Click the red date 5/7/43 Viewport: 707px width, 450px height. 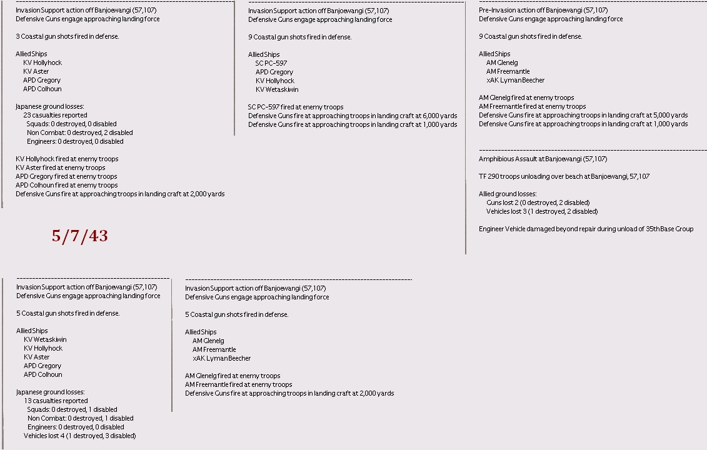(79, 236)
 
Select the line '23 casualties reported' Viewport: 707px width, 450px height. (55, 115)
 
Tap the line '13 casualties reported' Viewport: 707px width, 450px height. (56, 401)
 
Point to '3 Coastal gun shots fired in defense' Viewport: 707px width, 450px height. (67, 36)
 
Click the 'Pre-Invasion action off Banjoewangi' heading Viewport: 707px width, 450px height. (543, 10)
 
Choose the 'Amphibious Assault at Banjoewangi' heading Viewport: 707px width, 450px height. (543, 159)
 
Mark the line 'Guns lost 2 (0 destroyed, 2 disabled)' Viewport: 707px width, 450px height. (538, 202)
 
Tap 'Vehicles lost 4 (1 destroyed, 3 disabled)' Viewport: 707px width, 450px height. (79, 436)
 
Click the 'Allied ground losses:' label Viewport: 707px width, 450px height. (508, 194)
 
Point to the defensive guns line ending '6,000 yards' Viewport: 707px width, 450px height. (353, 116)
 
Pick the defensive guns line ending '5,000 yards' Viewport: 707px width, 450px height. (583, 115)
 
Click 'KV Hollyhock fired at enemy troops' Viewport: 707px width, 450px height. (67, 159)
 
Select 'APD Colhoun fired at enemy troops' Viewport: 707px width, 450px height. (66, 185)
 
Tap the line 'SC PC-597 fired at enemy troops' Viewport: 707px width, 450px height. (296, 107)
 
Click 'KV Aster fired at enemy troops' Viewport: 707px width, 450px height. (61, 167)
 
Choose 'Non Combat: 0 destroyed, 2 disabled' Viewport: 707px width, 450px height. (79, 132)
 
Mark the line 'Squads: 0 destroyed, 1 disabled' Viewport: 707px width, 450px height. (72, 409)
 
